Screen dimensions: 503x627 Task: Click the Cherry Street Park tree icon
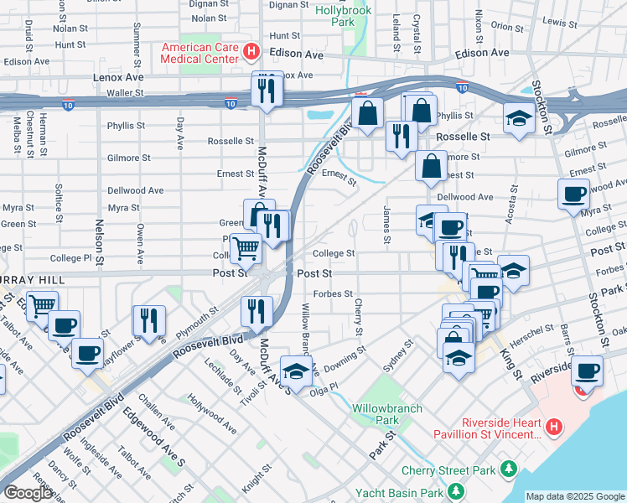(x=507, y=469)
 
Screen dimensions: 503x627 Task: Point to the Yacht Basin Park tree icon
(x=455, y=490)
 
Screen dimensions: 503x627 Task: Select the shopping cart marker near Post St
(x=246, y=247)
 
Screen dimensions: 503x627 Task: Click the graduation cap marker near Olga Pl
(x=296, y=369)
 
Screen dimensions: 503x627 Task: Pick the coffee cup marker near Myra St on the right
(x=574, y=194)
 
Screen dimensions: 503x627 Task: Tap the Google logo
(x=28, y=494)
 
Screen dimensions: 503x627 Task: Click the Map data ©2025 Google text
(x=575, y=496)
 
